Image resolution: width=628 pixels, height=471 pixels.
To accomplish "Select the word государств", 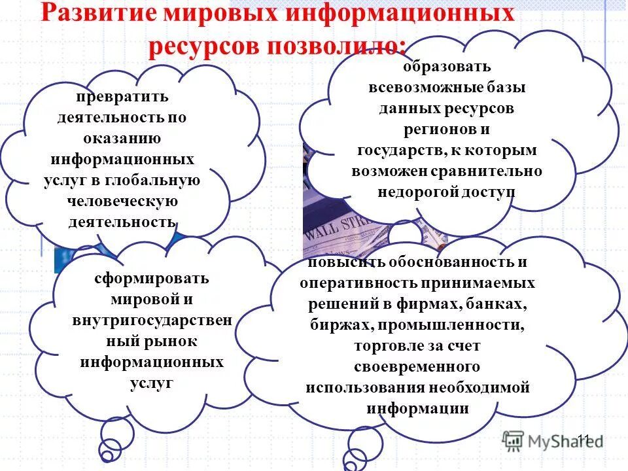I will pos(401,150).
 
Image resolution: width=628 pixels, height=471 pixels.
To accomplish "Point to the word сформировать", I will pos(151,278).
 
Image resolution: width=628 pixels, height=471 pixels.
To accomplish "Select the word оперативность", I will pos(349,283).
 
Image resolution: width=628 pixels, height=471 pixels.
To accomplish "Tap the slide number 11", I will pos(584,439).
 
